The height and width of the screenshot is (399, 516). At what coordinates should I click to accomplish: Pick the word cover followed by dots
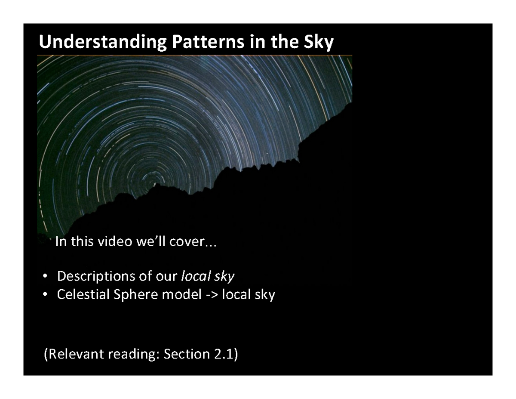point(187,242)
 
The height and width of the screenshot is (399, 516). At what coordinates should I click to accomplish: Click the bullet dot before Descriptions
point(45,276)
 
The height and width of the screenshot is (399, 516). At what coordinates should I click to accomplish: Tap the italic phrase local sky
point(208,276)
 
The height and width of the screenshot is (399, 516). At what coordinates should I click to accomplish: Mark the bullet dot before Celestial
point(45,295)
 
